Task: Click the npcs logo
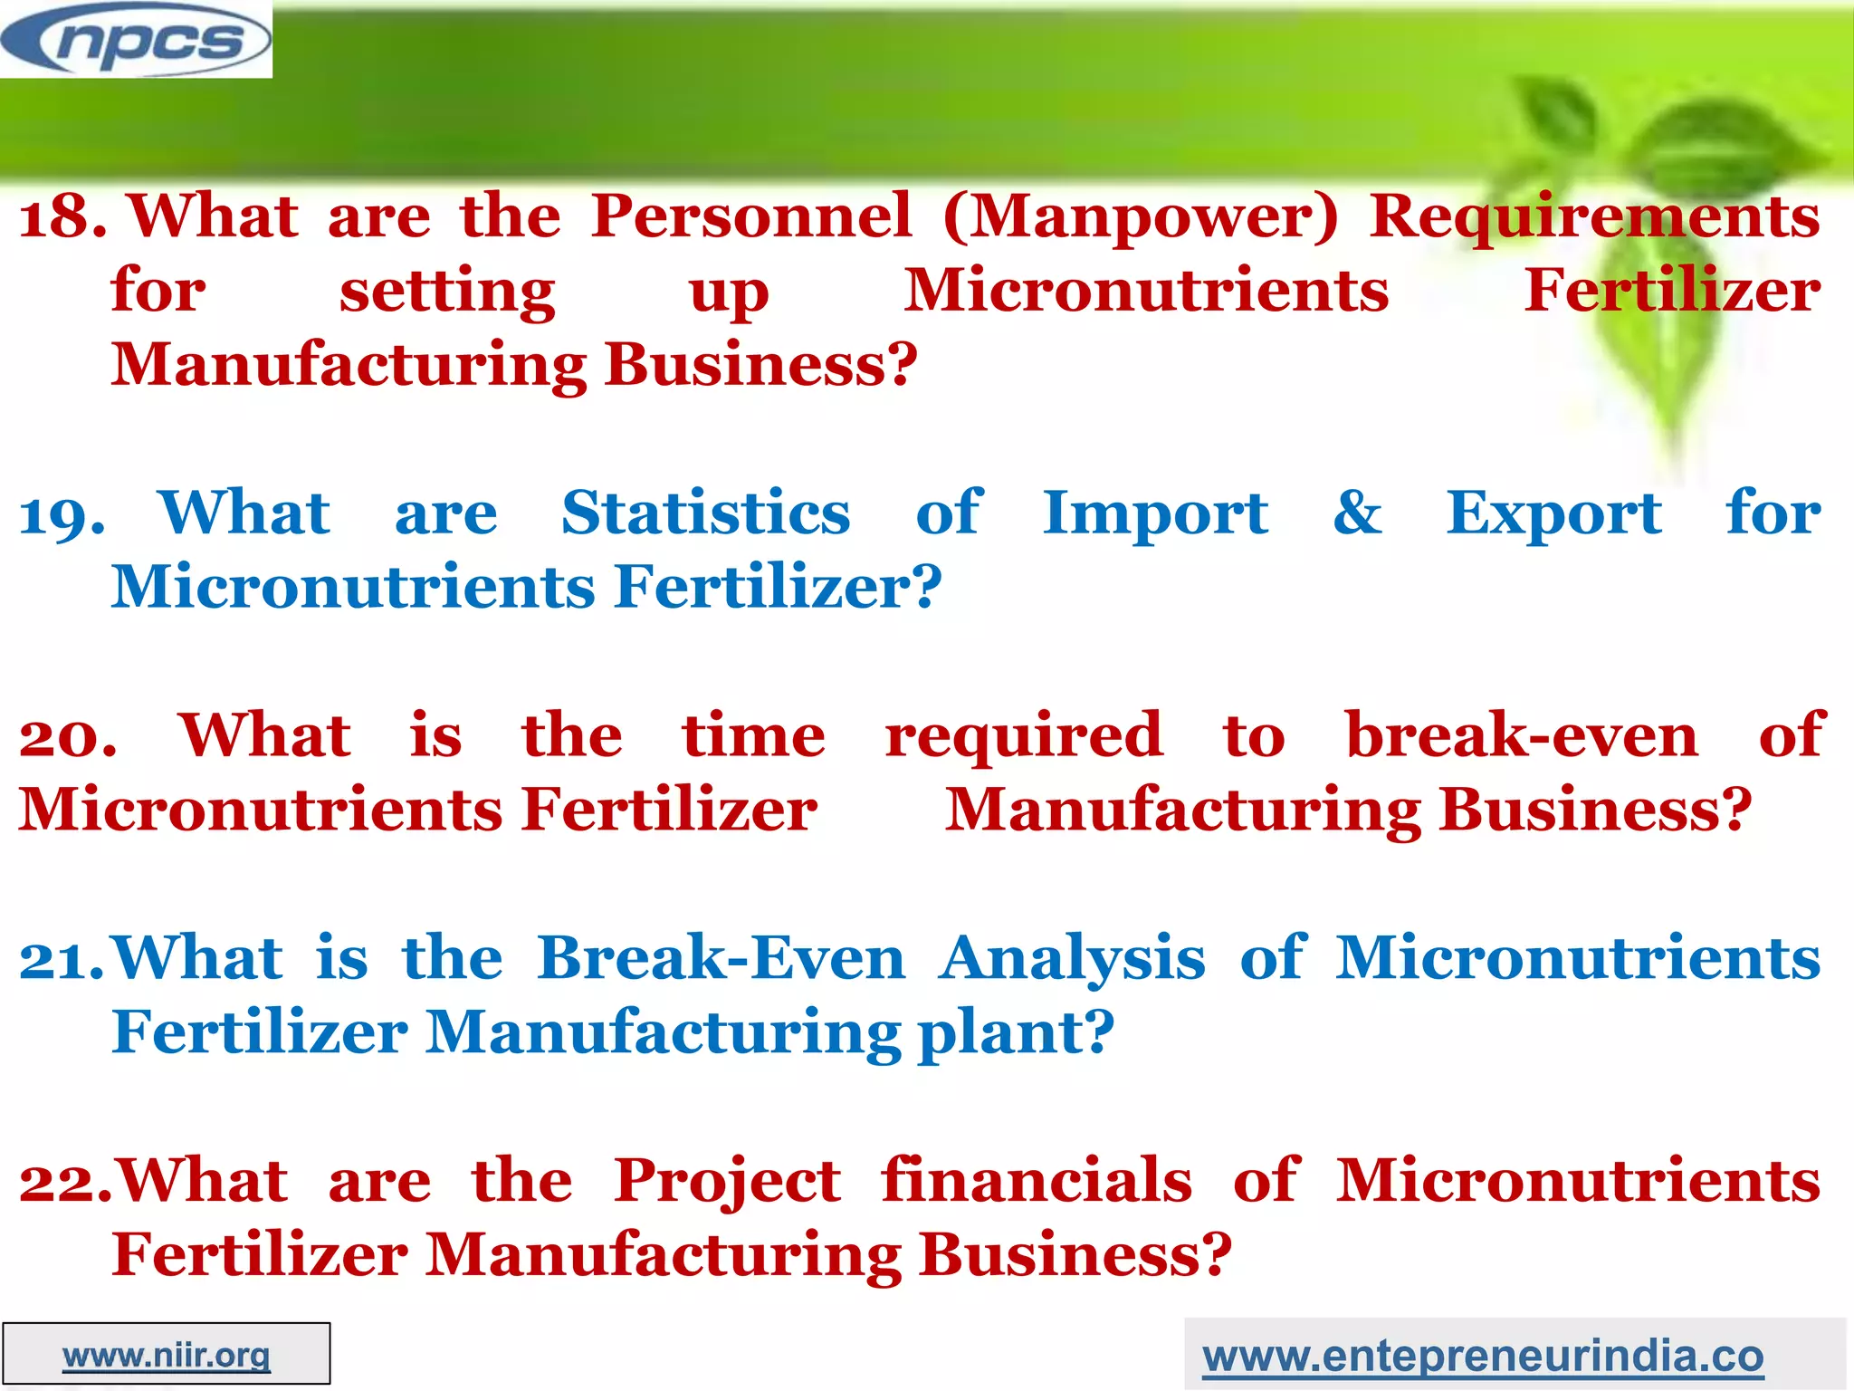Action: [136, 40]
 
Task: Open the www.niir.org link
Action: [167, 1355]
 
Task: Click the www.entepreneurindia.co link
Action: [1483, 1356]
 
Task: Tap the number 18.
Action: [62, 218]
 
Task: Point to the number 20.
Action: [68, 737]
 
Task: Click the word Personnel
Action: [751, 216]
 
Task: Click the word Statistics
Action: [706, 513]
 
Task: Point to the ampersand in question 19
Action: [1357, 513]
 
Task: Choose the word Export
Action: [1553, 514]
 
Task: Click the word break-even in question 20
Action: [1522, 734]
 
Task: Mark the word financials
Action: [1037, 1180]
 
